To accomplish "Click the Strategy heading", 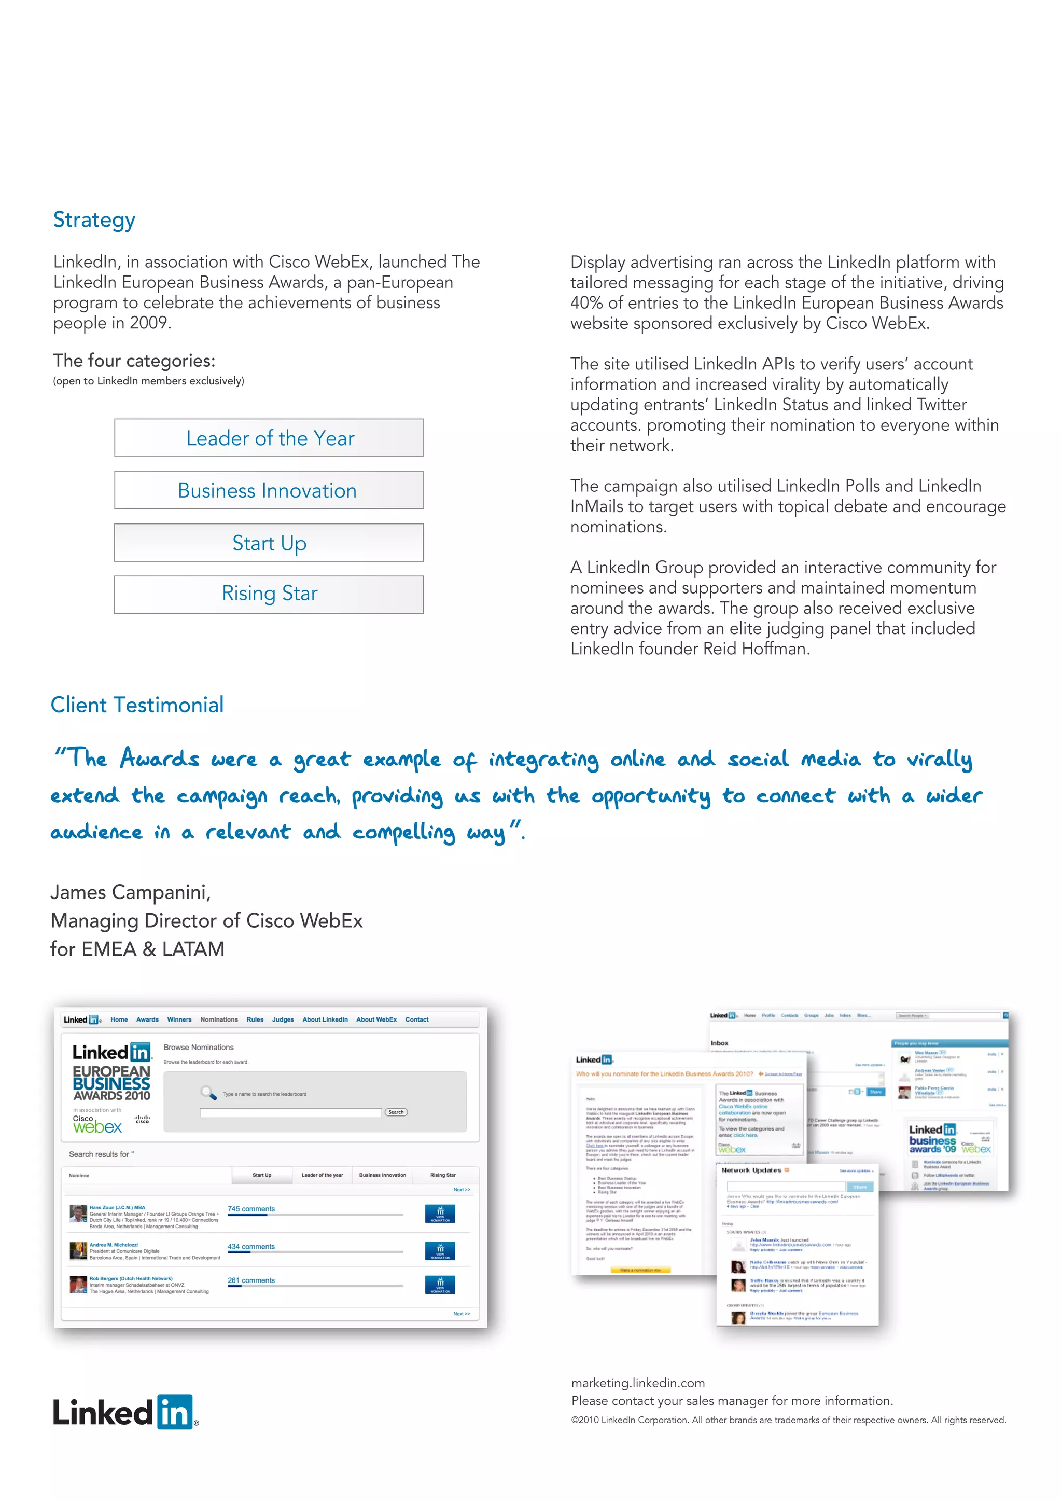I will [94, 220].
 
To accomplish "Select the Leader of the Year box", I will [269, 438].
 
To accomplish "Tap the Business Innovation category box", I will [269, 490].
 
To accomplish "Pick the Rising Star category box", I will [269, 594].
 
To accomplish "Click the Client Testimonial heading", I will [137, 705].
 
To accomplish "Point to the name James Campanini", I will [130, 892].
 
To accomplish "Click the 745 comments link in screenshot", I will [251, 1208].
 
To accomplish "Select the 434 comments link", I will [251, 1246].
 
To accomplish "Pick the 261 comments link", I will [251, 1280].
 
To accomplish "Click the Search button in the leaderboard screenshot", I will [396, 1112].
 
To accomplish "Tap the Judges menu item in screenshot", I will [283, 1019].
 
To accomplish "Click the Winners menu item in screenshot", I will [179, 1019].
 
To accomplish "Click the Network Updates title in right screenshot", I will [751, 1170].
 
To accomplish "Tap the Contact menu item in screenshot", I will [416, 1019].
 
